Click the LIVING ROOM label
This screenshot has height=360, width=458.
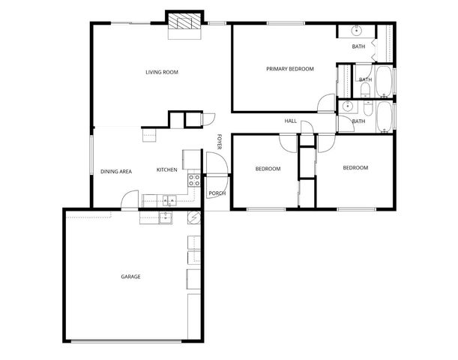click(161, 72)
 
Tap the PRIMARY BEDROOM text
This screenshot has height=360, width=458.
click(289, 69)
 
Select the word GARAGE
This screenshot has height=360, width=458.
click(130, 277)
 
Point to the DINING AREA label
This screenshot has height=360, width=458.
click(116, 171)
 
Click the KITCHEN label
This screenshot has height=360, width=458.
click(166, 170)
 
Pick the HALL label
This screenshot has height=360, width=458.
click(291, 121)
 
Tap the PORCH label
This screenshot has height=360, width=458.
click(217, 193)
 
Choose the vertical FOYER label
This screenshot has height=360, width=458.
click(219, 141)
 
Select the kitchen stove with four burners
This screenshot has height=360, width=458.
click(193, 180)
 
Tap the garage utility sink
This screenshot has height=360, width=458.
click(166, 218)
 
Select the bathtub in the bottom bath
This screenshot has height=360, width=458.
click(384, 116)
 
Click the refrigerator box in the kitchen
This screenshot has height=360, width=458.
click(190, 159)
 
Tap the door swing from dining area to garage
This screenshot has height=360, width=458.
click(130, 199)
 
